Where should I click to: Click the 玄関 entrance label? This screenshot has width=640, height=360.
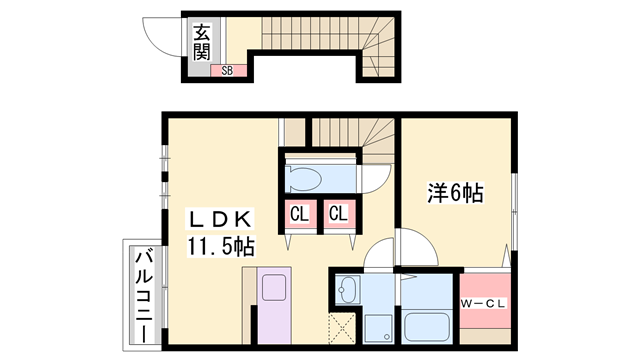point(202,42)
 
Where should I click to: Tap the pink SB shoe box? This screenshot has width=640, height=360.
point(229,71)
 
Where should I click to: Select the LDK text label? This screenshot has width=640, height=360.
point(220,220)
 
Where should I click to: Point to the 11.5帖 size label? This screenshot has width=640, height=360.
point(221,247)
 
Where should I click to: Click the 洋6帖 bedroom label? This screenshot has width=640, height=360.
point(456,193)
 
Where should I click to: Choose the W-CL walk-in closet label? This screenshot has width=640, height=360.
point(484,304)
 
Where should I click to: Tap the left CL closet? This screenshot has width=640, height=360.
point(300,214)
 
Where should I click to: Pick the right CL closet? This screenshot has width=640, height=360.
point(338,214)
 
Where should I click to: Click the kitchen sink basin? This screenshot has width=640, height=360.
point(273,287)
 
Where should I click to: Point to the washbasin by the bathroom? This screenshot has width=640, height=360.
point(348,290)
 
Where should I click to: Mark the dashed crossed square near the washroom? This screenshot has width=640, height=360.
point(342,329)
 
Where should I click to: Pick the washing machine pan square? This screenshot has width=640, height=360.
point(378,329)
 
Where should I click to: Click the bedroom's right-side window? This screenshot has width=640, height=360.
point(515,211)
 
